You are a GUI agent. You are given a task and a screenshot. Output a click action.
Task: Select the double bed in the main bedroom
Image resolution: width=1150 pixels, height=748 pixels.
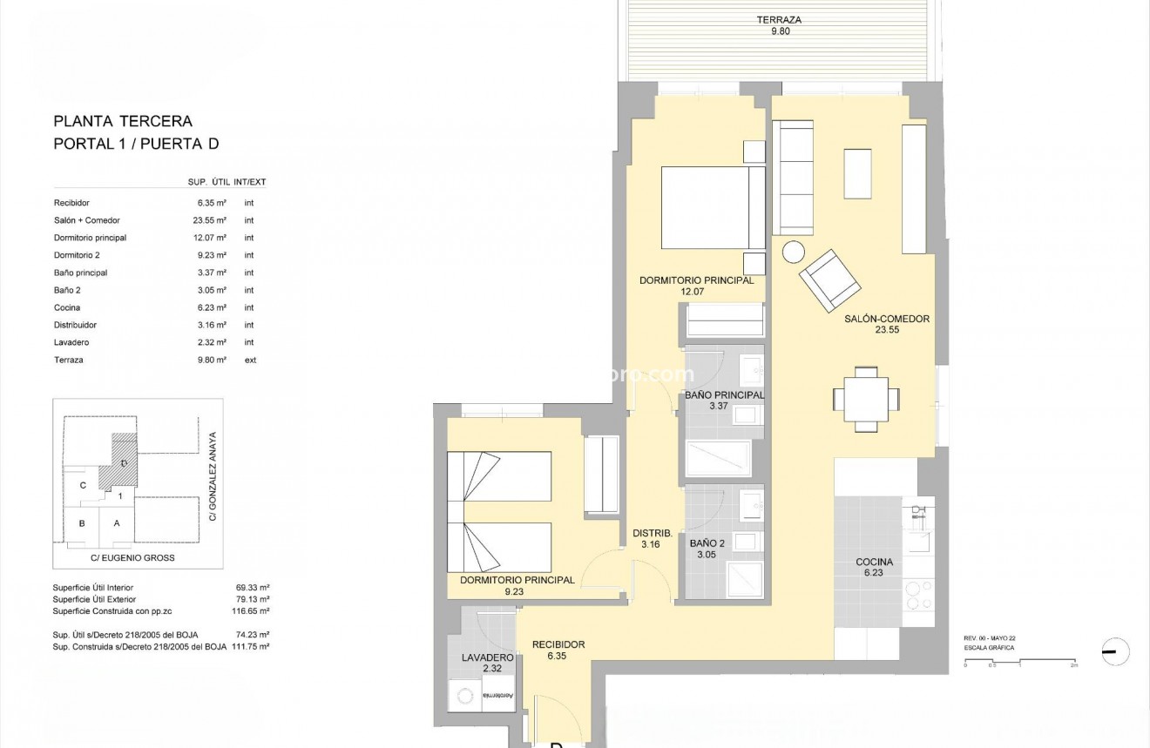[x=713, y=208]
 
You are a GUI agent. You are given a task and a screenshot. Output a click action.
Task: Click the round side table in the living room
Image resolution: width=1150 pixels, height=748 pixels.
[x=794, y=252]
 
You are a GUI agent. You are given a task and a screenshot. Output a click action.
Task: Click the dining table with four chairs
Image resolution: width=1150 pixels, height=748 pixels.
[x=866, y=399]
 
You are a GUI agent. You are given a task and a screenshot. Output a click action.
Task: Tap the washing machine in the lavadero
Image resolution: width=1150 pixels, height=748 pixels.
[x=467, y=695]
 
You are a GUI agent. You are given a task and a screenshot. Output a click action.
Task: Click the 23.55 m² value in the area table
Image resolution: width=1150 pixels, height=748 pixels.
[x=212, y=220]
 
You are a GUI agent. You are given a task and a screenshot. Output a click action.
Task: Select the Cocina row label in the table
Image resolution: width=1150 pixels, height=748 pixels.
[x=67, y=307]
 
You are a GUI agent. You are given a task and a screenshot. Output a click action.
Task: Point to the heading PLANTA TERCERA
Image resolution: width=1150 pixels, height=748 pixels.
[x=123, y=122]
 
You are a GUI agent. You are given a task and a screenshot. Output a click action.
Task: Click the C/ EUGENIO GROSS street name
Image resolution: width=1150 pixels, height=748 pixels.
[x=132, y=557]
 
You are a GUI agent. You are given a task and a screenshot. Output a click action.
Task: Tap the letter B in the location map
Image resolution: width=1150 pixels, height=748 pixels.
[x=82, y=523]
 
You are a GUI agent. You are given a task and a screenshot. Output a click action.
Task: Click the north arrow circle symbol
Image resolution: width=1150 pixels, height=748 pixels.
[x=1115, y=651]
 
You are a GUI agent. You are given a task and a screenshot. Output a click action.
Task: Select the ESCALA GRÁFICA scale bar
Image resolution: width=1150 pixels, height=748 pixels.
[x=1019, y=664]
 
